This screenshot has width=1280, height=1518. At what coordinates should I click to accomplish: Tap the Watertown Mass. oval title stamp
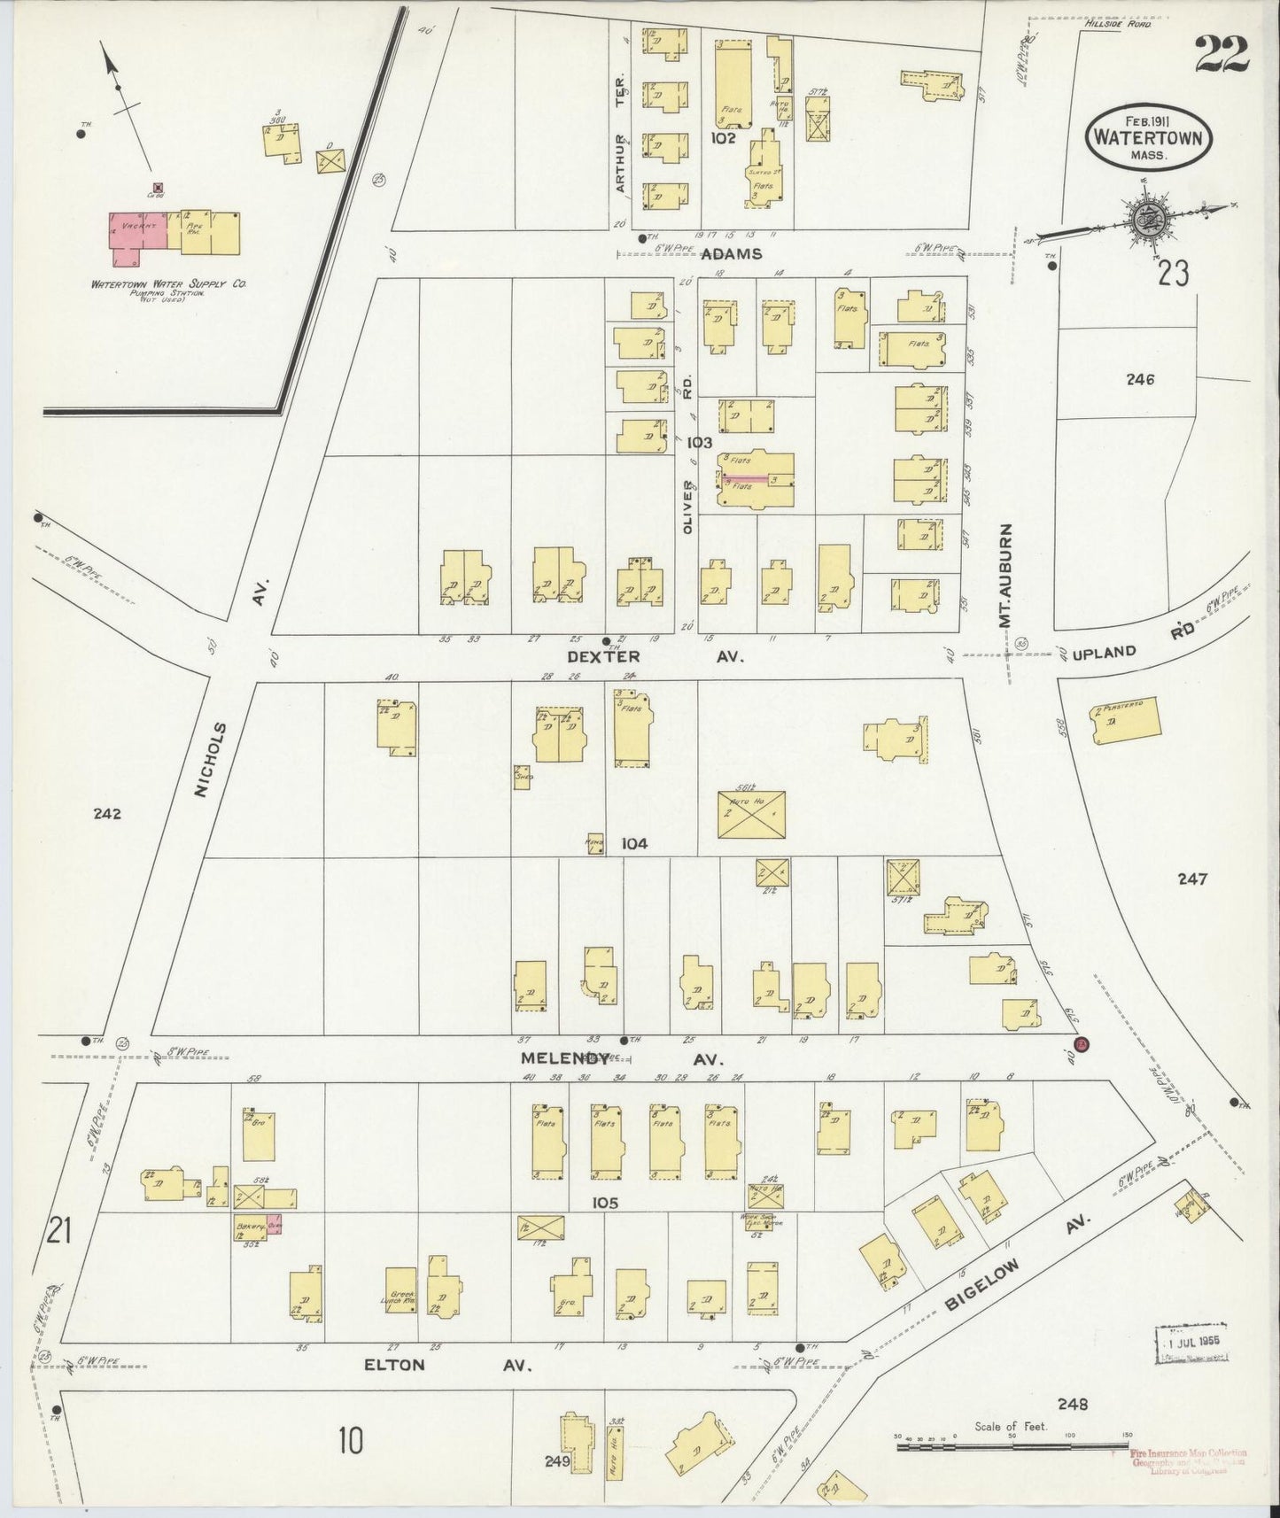1150,138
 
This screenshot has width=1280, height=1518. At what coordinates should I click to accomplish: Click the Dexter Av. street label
656,657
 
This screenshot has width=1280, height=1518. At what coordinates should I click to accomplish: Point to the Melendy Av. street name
620,1058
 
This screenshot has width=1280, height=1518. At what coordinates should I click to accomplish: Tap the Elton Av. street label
446,1390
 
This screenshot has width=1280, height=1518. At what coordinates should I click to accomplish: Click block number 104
634,844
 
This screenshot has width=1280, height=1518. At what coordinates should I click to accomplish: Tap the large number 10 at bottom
350,1442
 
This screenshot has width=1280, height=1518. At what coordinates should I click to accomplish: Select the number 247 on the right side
1192,879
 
